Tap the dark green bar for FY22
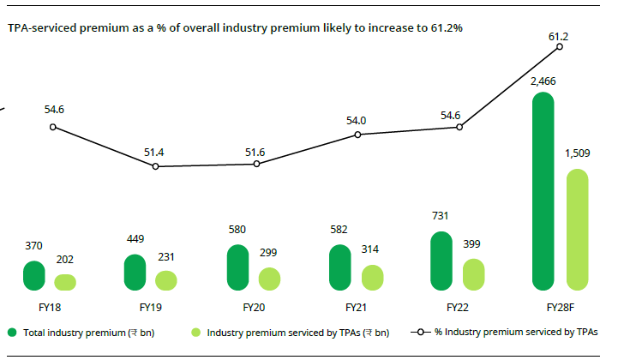(x=441, y=261)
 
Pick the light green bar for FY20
(x=269, y=279)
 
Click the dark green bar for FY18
(x=33, y=275)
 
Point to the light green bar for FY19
(x=166, y=280)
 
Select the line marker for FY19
(x=155, y=166)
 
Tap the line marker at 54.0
(x=357, y=135)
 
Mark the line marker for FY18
(x=53, y=127)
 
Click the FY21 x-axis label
(x=357, y=306)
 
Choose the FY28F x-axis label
(x=560, y=306)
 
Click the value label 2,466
(x=543, y=81)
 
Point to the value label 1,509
(x=579, y=155)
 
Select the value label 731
(x=441, y=216)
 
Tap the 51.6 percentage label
(x=255, y=152)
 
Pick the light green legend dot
(x=195, y=332)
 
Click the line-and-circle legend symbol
(x=421, y=332)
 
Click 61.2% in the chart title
(x=446, y=28)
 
